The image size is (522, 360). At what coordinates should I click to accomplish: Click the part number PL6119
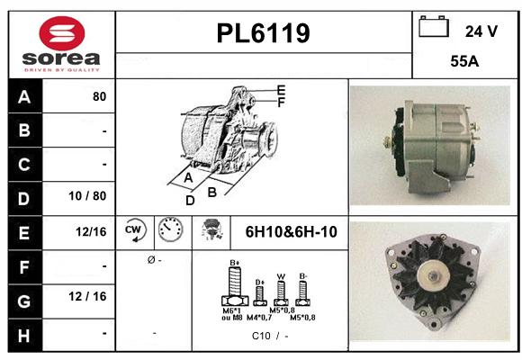264,33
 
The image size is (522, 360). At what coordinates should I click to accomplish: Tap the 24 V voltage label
481,31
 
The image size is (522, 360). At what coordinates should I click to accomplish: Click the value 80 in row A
99,96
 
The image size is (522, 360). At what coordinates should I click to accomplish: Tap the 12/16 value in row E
92,232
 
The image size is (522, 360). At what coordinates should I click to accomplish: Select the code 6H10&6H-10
291,232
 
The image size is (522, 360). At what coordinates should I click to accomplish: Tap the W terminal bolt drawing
280,289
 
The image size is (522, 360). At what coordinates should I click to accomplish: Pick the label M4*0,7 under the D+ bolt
260,318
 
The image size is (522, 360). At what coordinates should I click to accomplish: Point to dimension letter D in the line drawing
190,200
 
